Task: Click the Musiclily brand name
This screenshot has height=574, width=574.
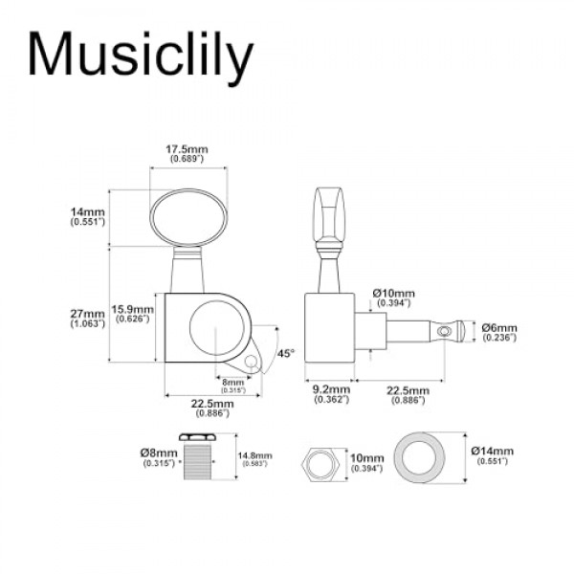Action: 141,55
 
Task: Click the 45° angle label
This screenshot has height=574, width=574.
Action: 285,353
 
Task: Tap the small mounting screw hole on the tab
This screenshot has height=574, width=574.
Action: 253,362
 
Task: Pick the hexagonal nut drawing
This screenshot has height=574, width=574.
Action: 320,461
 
